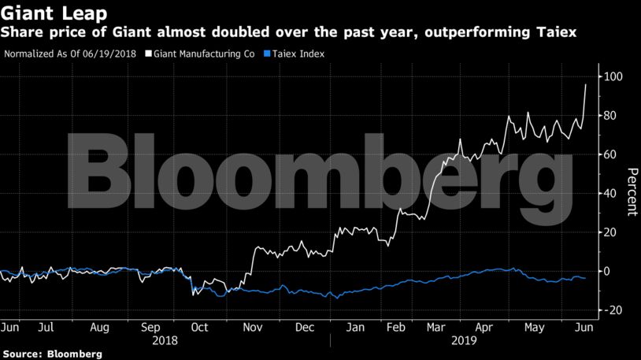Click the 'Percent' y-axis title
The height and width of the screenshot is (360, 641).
point(632,192)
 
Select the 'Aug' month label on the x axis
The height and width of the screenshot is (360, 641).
point(100,326)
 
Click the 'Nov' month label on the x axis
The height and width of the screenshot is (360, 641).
point(251,326)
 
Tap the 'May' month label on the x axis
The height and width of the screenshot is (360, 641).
point(535,326)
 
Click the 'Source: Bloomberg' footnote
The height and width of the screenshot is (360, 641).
point(52,354)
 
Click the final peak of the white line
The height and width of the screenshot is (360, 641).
point(585,84)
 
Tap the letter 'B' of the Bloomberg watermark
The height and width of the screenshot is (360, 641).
point(97,167)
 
